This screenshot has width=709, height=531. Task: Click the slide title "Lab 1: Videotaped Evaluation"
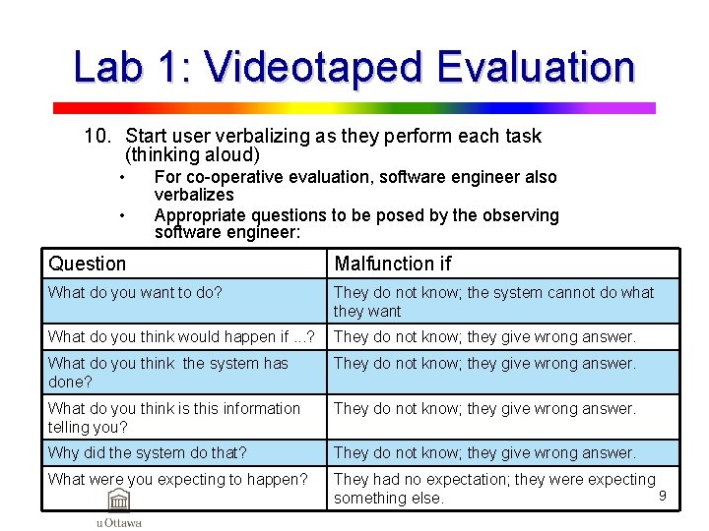354,67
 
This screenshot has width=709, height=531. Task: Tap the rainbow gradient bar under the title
354,108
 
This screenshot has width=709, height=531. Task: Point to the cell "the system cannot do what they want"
502,301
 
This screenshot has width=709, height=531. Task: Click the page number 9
663,496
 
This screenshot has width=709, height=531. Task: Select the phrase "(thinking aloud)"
193,155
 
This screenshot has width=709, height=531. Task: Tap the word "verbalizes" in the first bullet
194,195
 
